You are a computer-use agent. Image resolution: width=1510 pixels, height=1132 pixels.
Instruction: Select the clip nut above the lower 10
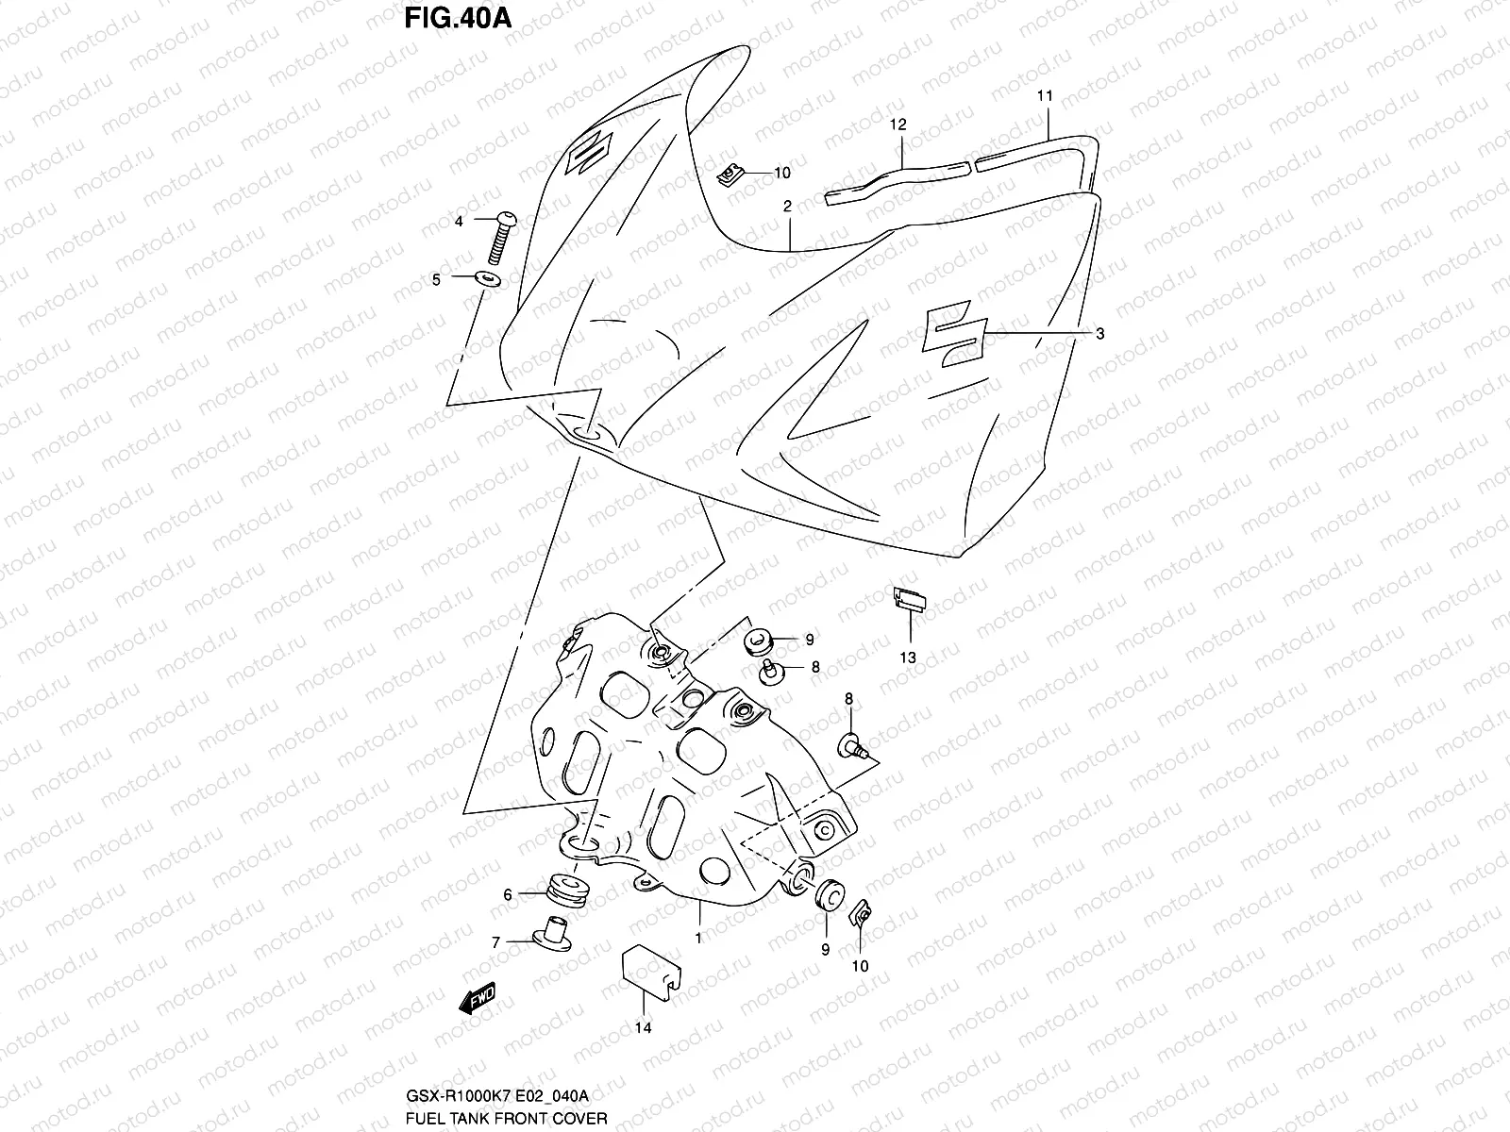point(862,913)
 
